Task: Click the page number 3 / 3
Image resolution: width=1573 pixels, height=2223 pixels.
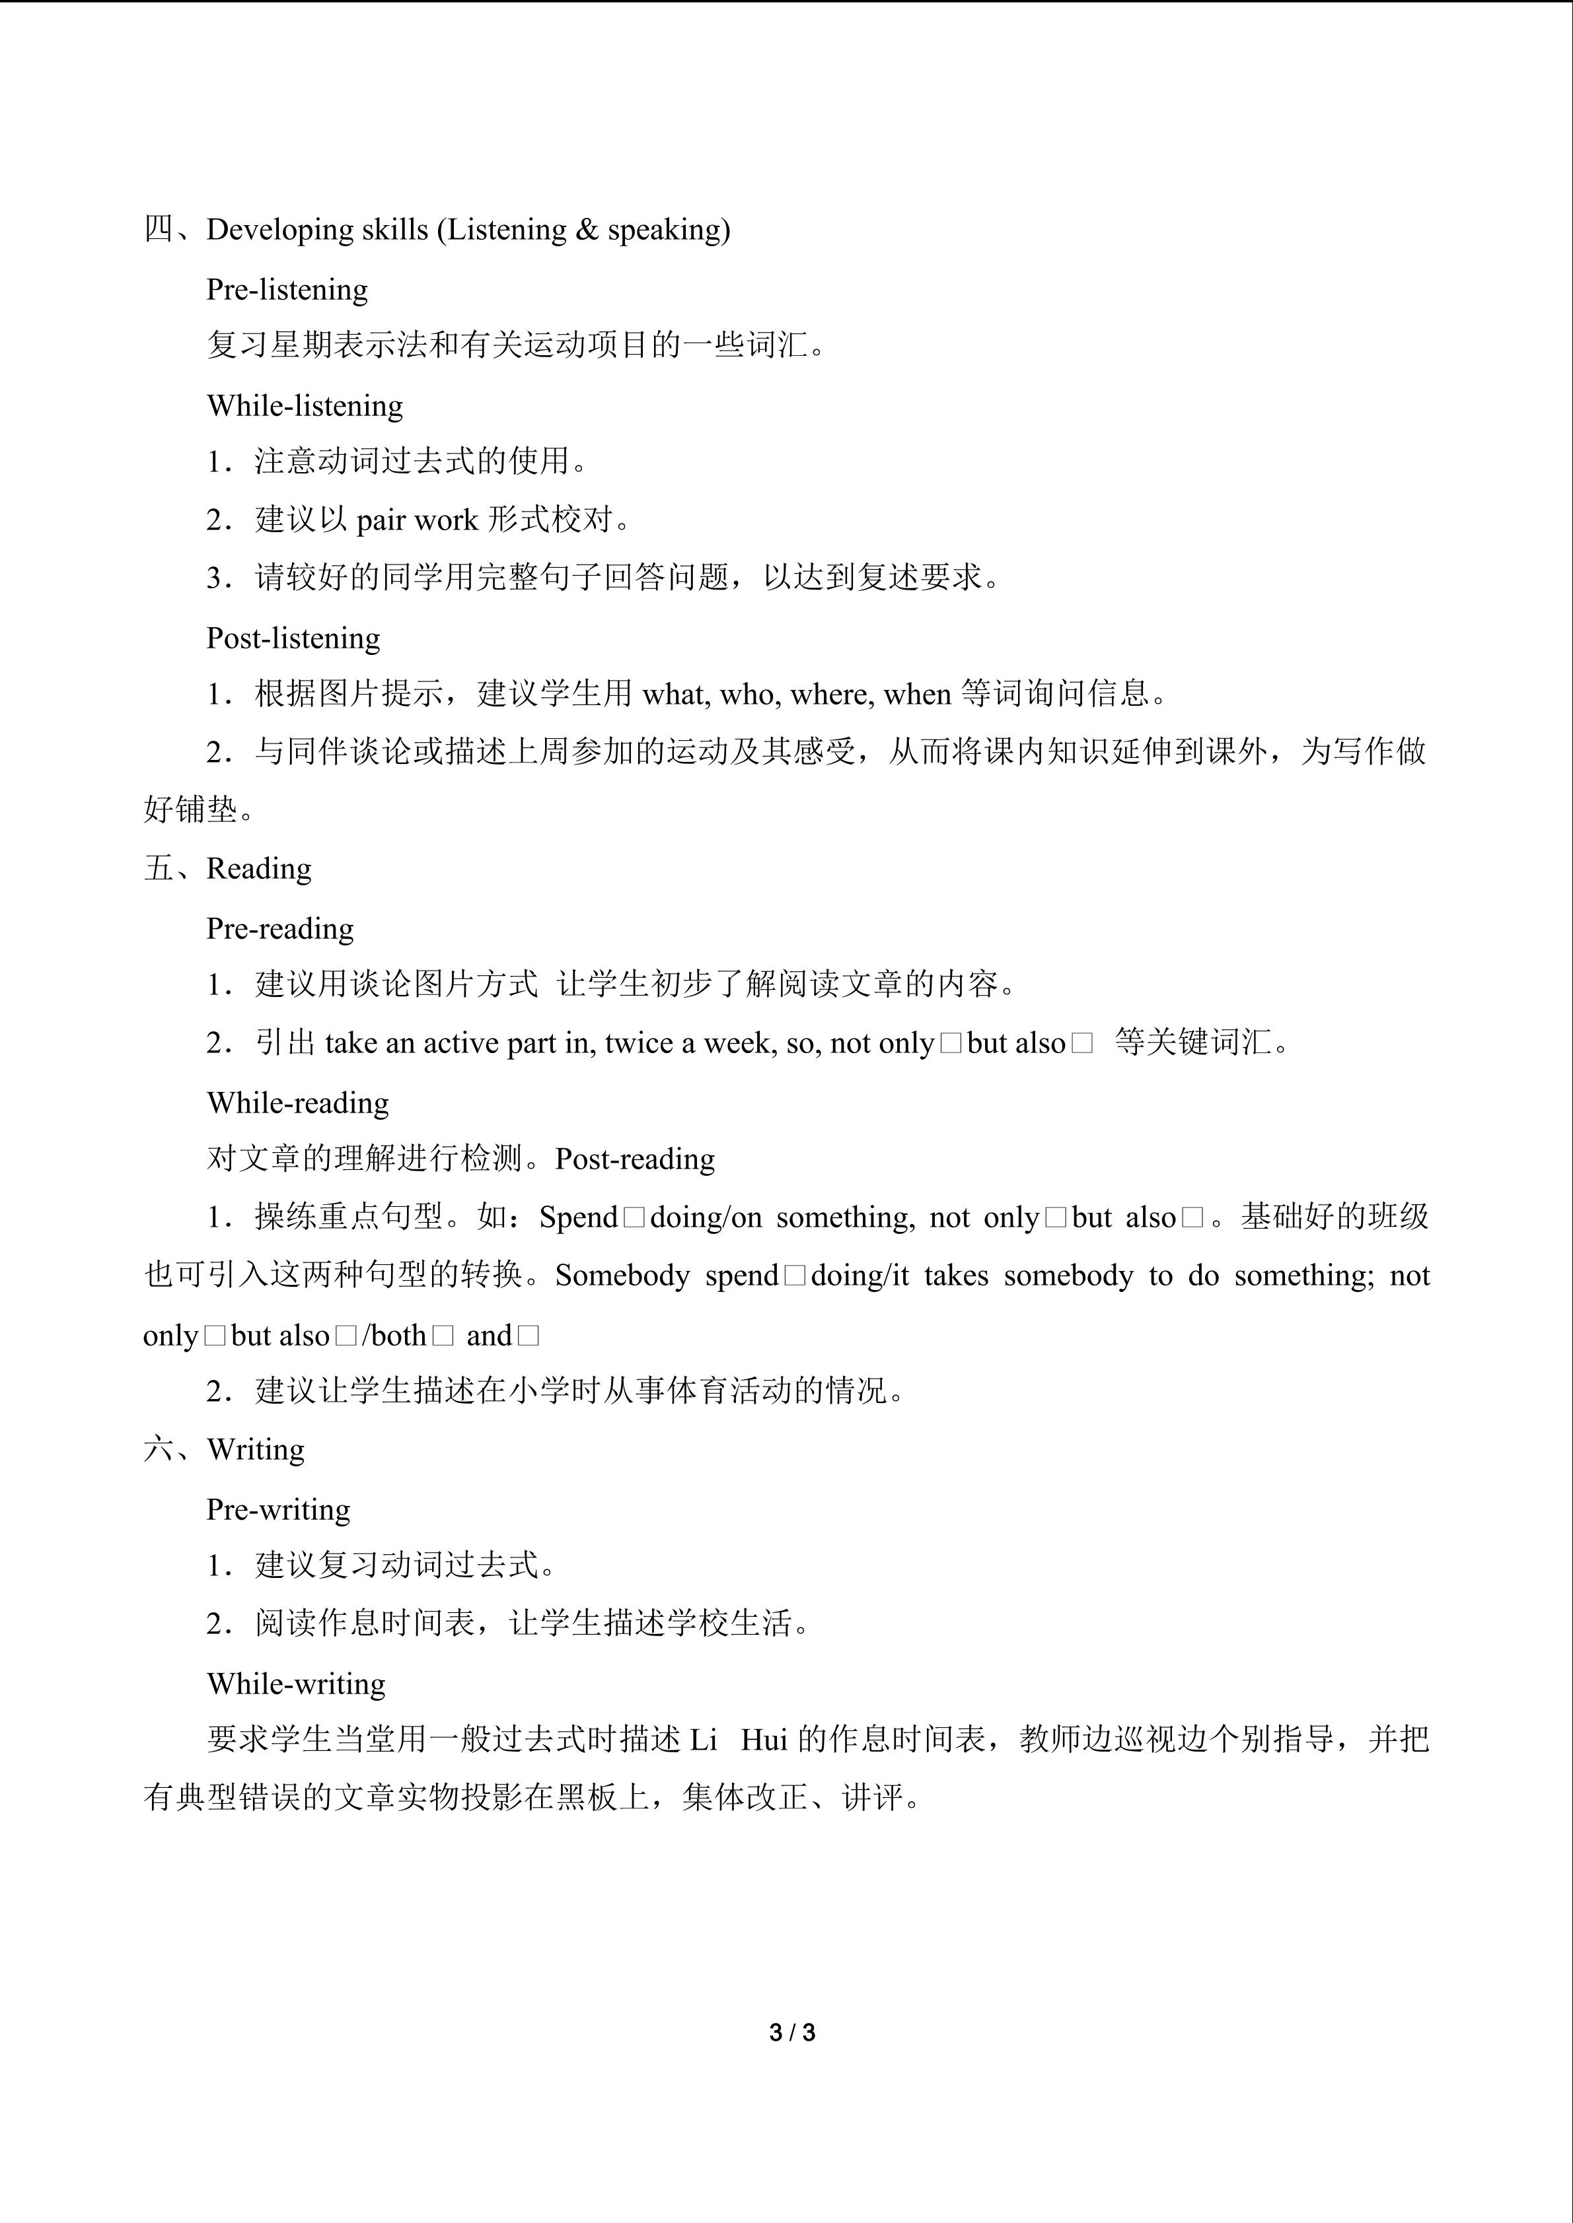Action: tap(791, 2032)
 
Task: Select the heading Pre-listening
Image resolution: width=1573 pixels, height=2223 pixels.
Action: tap(287, 289)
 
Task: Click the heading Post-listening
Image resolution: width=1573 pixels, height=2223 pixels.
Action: tap(293, 638)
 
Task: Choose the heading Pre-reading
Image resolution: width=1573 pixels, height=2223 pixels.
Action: tap(280, 928)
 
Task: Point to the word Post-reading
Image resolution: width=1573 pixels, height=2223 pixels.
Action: tap(634, 1159)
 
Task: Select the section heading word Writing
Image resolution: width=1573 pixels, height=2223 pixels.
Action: tap(256, 1449)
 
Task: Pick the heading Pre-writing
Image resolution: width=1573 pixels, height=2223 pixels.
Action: tap(278, 1509)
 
